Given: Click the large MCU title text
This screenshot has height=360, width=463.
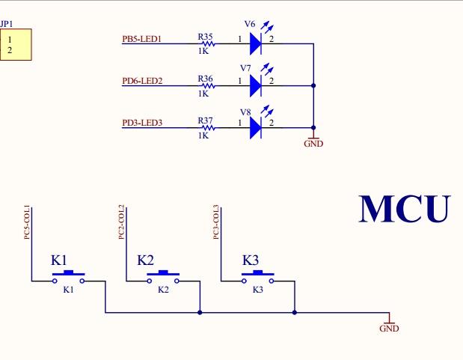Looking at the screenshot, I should [x=405, y=209].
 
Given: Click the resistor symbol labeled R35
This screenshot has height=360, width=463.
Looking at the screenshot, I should [x=206, y=44].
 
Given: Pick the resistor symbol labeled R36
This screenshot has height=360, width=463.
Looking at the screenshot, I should [x=206, y=86].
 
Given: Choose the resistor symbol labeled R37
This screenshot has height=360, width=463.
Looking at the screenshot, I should [x=206, y=128].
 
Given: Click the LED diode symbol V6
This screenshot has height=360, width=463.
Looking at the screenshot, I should [x=255, y=44].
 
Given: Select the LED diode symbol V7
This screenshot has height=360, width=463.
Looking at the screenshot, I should [x=255, y=86].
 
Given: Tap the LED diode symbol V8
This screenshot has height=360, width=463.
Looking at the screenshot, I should [x=255, y=128].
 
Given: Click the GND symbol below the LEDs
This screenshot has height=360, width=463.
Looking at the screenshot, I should [x=313, y=141].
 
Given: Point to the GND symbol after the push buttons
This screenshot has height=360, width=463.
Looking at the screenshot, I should [x=389, y=325].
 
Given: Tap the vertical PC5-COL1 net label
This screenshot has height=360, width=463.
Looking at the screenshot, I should [x=27, y=222].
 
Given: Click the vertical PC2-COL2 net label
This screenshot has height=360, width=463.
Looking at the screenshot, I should [x=122, y=222].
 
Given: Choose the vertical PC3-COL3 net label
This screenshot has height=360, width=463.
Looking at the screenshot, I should [x=216, y=222].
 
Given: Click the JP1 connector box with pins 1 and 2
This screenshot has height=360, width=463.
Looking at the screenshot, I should [x=15, y=44].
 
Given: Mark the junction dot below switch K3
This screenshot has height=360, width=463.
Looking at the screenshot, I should [x=295, y=312].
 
